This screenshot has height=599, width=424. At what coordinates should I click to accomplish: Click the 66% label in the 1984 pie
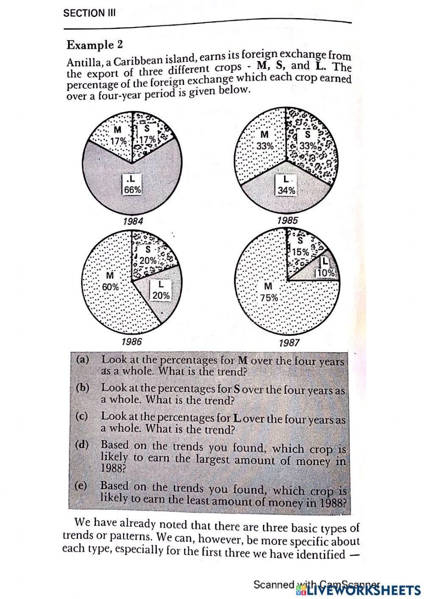[132, 190]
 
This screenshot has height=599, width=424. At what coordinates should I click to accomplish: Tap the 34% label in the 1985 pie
[286, 191]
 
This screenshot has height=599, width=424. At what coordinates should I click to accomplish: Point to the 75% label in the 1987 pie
[269, 298]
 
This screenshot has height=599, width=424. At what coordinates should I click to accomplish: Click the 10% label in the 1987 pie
[326, 273]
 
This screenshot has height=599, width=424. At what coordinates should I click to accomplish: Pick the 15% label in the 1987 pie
[301, 252]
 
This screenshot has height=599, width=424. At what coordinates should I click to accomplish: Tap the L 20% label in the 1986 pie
[161, 295]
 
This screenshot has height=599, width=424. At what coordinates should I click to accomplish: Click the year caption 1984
[133, 221]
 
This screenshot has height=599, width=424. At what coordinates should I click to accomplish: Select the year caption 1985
[287, 220]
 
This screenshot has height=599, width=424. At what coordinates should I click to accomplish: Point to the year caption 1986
[131, 341]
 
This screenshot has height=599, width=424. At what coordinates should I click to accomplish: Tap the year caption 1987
[289, 343]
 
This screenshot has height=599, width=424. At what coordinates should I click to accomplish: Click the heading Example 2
[95, 45]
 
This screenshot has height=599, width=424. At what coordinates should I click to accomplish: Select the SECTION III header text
[89, 13]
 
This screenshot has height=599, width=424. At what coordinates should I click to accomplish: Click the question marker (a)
[83, 360]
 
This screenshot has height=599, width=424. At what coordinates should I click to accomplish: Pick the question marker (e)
[81, 486]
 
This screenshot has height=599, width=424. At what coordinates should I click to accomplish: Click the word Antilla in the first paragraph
[83, 62]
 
